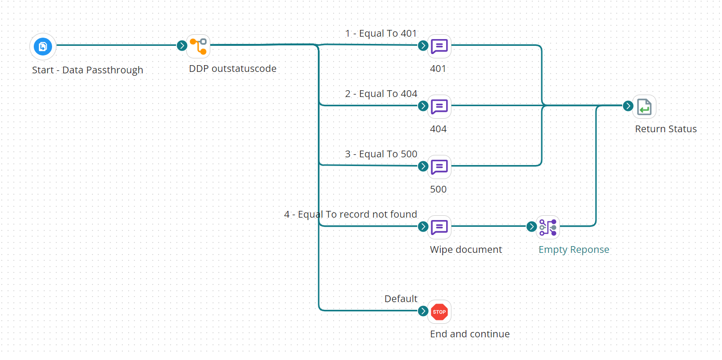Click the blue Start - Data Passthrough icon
[x=43, y=46]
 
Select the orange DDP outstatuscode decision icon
[x=198, y=46]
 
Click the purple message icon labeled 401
[x=439, y=46]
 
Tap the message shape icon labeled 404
[x=439, y=106]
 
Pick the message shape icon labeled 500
[x=439, y=166]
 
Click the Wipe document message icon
[x=439, y=227]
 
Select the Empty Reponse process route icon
[x=548, y=227]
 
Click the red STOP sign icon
[x=439, y=312]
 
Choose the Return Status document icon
[x=644, y=106]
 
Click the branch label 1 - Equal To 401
[x=381, y=33]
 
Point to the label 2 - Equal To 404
[x=381, y=94]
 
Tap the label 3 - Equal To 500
[x=381, y=154]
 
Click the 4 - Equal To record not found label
[x=350, y=214]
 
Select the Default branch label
[x=400, y=299]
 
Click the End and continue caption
[x=469, y=334]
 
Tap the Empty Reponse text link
[x=573, y=249]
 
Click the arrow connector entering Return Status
[x=627, y=106]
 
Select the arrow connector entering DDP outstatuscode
[x=182, y=46]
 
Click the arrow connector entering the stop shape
[x=423, y=311]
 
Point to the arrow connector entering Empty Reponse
[x=531, y=227]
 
